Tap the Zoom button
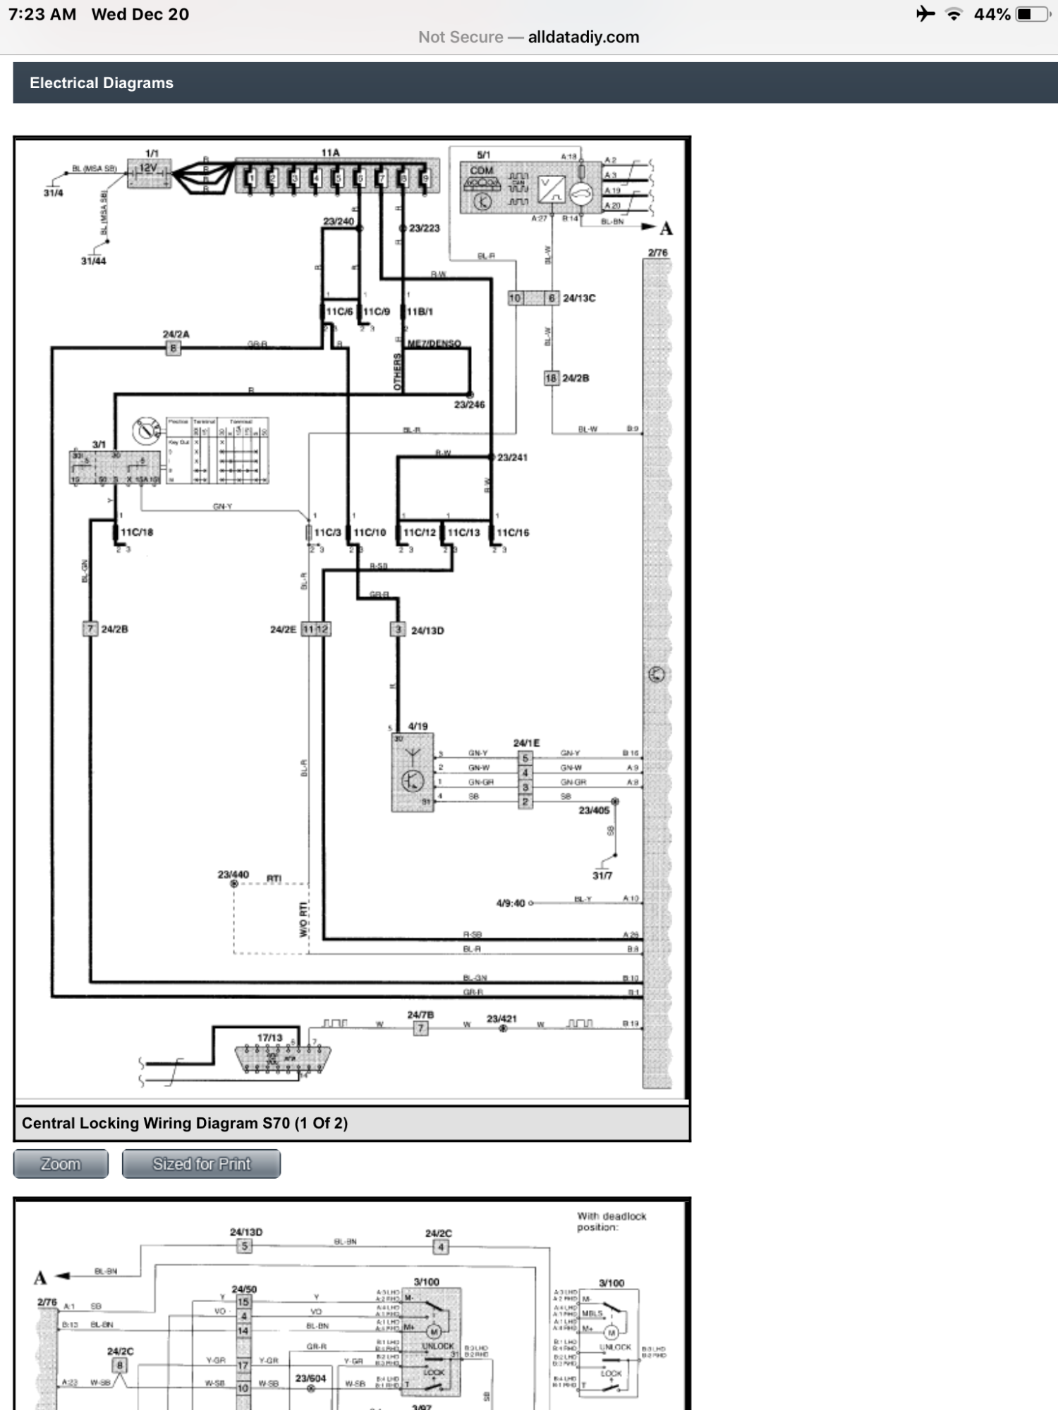pos(61,1164)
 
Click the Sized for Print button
pos(201,1164)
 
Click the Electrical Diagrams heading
pos(102,83)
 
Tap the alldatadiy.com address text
pos(583,37)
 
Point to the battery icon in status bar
pos(1033,14)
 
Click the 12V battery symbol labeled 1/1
pos(149,173)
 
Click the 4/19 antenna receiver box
pos(413,773)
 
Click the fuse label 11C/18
pos(137,532)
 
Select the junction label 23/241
pos(512,458)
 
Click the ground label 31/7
pos(602,876)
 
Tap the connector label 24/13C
pos(579,298)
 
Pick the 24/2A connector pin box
pos(173,348)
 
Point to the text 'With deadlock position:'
pos(612,1222)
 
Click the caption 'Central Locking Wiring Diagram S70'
pos(185,1123)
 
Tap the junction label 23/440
pos(233,875)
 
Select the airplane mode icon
pos(925,14)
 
